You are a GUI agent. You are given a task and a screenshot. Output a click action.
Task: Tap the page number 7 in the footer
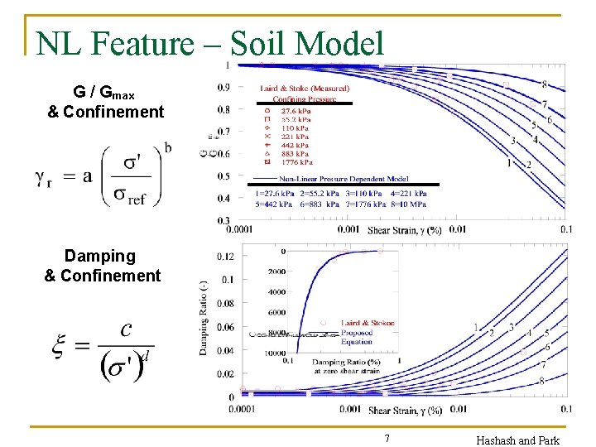387,438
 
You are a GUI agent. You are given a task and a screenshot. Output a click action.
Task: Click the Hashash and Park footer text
517,440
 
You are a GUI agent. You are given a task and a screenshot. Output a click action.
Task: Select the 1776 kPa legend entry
296,162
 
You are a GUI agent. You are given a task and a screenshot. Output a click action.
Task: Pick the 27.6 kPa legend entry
296,110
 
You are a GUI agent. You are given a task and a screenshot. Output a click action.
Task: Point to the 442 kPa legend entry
296,145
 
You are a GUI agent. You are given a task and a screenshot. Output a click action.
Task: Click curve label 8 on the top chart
544,84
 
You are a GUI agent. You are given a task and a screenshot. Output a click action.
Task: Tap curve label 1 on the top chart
509,163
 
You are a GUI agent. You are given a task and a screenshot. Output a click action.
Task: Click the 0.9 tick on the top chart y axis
223,88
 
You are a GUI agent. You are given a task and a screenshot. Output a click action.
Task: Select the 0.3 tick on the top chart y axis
223,221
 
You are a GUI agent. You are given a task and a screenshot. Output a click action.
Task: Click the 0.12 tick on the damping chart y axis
225,257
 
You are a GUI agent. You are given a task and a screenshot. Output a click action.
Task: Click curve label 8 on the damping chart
541,381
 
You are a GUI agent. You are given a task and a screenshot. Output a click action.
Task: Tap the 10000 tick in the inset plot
276,353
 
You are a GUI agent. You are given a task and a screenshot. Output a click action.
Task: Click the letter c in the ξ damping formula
126,330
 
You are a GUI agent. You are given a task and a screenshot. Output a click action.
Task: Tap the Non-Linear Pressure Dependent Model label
344,179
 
